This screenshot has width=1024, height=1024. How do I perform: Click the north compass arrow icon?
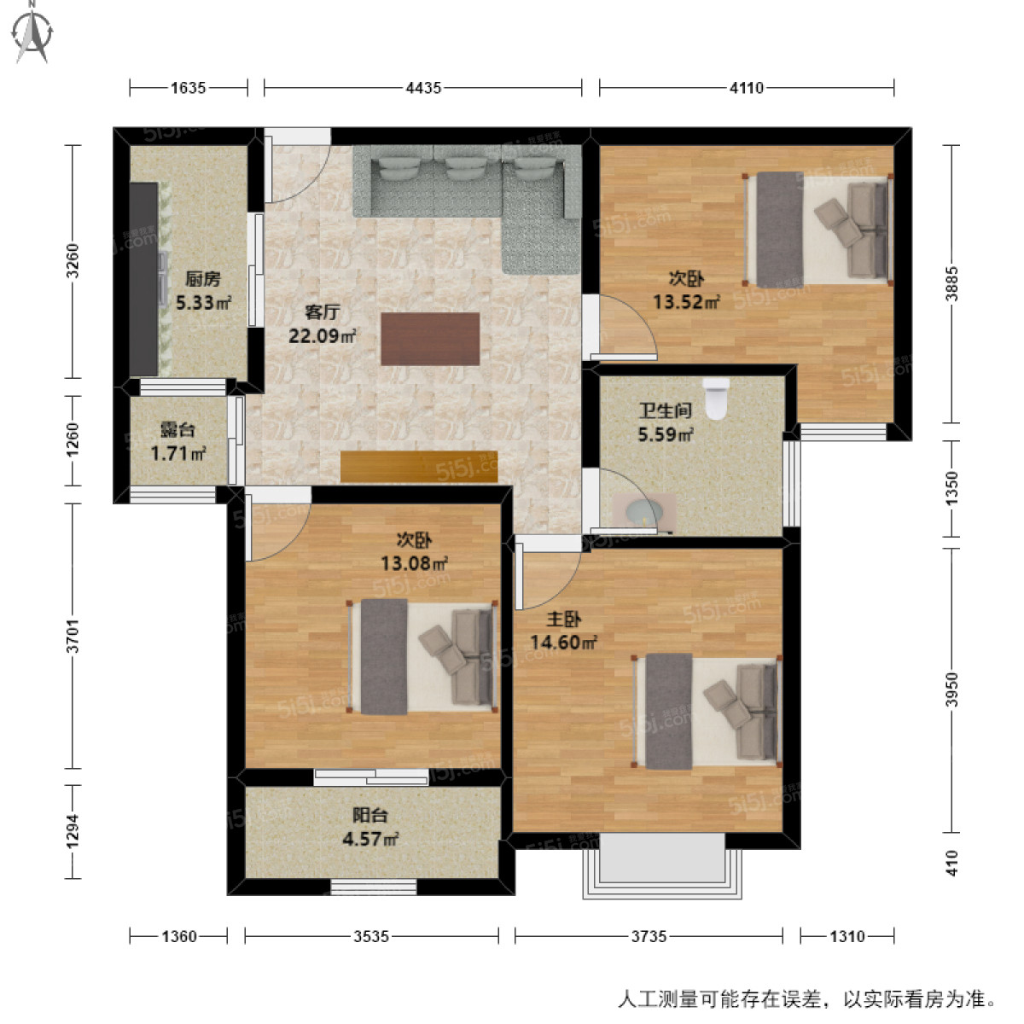tap(33, 32)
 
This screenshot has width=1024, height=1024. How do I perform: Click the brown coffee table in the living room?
tap(430, 339)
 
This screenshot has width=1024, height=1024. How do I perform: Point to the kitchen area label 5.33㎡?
tap(203, 302)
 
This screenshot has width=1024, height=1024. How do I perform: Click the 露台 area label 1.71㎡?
tap(177, 453)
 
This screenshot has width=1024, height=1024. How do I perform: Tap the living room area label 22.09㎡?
tap(322, 335)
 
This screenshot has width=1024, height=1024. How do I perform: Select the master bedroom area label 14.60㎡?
tap(563, 643)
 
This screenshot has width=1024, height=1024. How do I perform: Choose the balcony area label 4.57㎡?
tap(370, 839)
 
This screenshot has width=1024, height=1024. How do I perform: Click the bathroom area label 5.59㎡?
tap(666, 434)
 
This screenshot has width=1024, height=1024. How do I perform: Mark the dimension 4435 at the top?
tap(423, 87)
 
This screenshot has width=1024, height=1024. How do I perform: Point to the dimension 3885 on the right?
tap(952, 284)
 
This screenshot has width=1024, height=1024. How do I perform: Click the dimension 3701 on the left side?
tap(73, 636)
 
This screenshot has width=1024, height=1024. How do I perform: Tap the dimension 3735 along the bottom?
tap(649, 936)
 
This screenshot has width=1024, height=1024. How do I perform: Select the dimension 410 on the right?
tap(952, 863)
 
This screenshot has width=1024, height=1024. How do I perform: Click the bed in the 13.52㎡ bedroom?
tap(817, 230)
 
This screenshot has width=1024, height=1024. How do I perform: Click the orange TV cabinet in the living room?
tap(418, 466)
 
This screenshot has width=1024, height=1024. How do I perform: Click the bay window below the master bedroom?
tap(662, 864)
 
